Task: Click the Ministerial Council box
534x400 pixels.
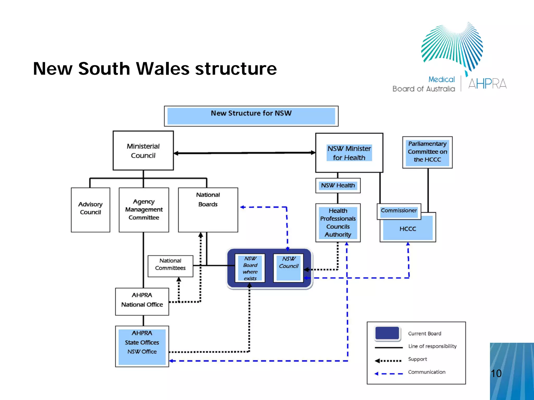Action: click(143, 151)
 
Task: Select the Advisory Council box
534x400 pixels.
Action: click(90, 210)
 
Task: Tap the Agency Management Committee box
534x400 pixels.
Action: click(144, 210)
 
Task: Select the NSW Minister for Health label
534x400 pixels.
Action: click(349, 153)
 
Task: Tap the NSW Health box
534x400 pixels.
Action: click(338, 185)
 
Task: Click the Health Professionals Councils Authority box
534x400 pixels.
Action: click(338, 223)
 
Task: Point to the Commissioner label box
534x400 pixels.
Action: click(399, 211)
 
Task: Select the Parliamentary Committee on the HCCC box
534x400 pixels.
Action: click(427, 152)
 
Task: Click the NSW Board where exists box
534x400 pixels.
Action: click(250, 268)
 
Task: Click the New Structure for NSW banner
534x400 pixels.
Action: click(251, 116)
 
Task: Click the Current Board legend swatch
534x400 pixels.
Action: click(387, 334)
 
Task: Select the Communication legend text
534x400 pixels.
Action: click(427, 372)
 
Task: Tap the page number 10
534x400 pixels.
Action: click(496, 373)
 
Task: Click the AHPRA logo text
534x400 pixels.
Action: click(487, 84)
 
